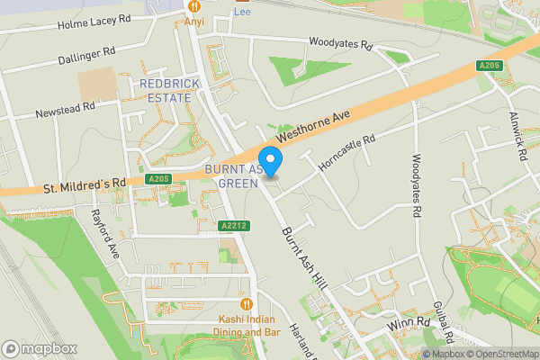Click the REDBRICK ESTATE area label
click(166, 90)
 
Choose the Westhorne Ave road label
click(311, 130)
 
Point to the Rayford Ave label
click(104, 232)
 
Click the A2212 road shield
click(233, 225)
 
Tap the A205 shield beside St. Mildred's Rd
click(159, 179)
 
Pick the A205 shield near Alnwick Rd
click(489, 66)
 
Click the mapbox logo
click(40, 348)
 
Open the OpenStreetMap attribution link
click(499, 354)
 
